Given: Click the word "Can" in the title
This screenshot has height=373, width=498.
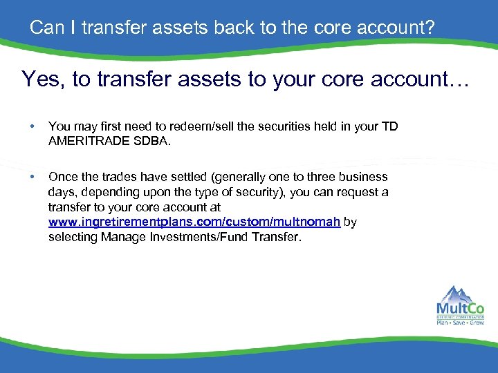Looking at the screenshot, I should pos(45,28).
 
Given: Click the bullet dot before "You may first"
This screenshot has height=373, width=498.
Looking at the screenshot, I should pos(31,127).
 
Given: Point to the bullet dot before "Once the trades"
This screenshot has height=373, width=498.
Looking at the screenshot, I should pos(31,178).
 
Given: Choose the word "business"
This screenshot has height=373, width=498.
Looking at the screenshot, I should pos(365,177).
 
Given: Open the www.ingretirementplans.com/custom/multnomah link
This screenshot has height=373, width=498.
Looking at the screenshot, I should pos(194,222).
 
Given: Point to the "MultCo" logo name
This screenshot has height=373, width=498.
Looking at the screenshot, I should pos(460,308).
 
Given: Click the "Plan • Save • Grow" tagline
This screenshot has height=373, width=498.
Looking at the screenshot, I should pos(460,322).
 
